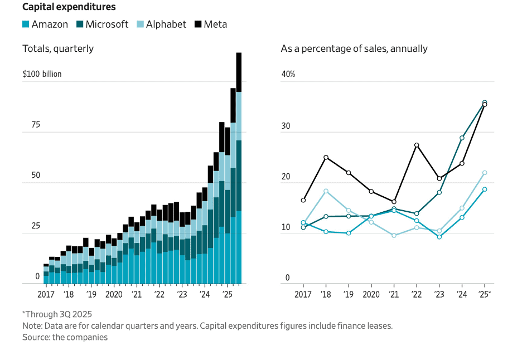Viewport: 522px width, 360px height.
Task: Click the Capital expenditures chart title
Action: point(69,7)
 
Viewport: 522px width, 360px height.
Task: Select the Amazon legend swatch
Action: point(26,25)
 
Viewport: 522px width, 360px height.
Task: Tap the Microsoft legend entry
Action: point(103,25)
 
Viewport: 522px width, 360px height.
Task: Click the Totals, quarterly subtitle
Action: point(58,48)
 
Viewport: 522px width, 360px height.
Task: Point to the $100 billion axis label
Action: point(42,74)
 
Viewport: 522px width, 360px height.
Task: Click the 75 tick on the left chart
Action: point(35,125)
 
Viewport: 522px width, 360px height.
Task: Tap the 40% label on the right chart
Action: point(288,74)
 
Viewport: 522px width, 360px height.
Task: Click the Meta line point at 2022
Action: point(417,145)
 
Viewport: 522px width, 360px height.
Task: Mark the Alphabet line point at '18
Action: point(326,191)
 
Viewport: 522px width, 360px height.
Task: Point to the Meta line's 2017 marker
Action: point(303,200)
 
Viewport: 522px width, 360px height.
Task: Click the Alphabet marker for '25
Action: point(485,173)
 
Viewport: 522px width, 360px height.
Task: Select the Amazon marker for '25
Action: point(485,189)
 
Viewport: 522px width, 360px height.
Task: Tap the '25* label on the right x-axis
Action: point(485,294)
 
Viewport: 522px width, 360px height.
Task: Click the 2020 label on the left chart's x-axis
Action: point(114,294)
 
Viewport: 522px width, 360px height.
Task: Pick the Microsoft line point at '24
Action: point(462,138)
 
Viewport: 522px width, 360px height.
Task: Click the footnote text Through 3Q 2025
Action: point(57,314)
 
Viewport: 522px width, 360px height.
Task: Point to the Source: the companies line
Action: point(65,337)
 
